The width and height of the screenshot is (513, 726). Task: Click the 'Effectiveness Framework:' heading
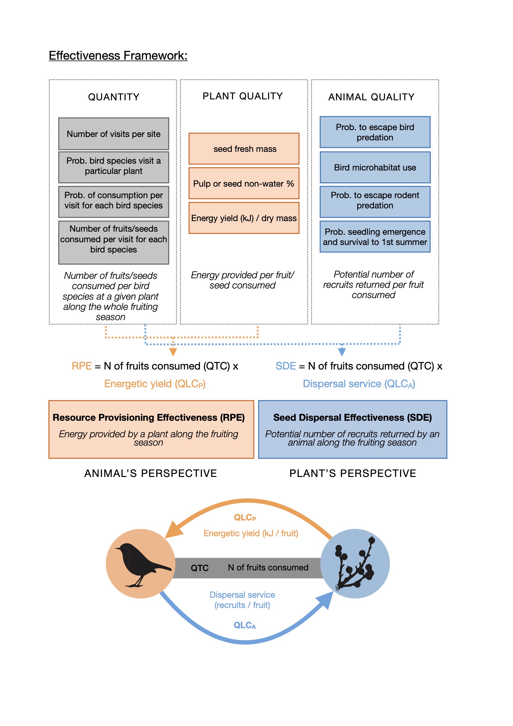pyautogui.click(x=118, y=56)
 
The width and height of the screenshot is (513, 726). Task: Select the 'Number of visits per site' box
pyautogui.click(x=114, y=134)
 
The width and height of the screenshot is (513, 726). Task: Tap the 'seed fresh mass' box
pyautogui.click(x=244, y=149)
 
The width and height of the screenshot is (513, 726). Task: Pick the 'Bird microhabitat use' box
pyautogui.click(x=375, y=167)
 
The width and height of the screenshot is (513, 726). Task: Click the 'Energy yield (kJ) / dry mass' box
pyautogui.click(x=244, y=218)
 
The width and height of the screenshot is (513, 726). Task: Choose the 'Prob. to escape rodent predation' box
pyautogui.click(x=375, y=202)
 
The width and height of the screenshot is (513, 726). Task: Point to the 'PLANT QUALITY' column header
pyautogui.click(x=242, y=96)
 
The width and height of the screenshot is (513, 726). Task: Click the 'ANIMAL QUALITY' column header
pyautogui.click(x=371, y=97)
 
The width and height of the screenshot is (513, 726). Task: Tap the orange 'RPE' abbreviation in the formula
pyautogui.click(x=82, y=366)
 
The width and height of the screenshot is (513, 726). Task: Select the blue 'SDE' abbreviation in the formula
pyautogui.click(x=286, y=366)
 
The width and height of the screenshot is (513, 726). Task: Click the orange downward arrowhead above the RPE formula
pyautogui.click(x=173, y=352)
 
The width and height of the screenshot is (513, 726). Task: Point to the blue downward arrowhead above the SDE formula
pyautogui.click(x=342, y=352)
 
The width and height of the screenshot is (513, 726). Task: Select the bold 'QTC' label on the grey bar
pyautogui.click(x=200, y=568)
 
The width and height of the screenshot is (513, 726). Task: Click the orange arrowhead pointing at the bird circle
pyautogui.click(x=173, y=529)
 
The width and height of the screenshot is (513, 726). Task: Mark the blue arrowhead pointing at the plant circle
pyautogui.click(x=326, y=599)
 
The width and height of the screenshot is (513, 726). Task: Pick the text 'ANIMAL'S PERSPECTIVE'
pyautogui.click(x=151, y=473)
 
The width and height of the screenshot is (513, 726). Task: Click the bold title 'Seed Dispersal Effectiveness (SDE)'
pyautogui.click(x=353, y=417)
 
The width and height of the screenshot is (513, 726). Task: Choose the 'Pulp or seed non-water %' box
pyautogui.click(x=244, y=184)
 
